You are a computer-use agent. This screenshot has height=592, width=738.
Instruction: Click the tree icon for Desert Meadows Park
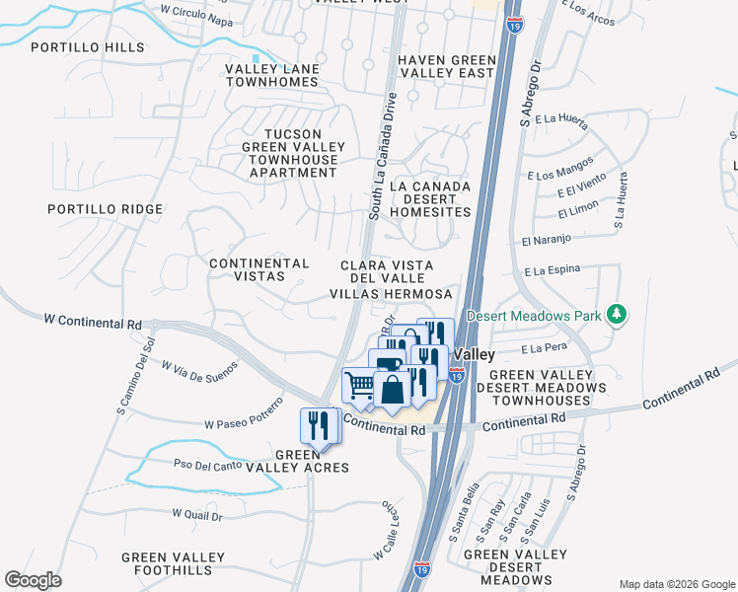pyautogui.click(x=618, y=315)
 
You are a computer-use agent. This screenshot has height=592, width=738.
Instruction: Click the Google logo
pyautogui.click(x=34, y=579)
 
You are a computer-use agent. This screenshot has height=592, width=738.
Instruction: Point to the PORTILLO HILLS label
pyautogui.click(x=87, y=47)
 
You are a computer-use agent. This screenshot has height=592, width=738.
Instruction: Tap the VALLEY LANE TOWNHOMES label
pyautogui.click(x=271, y=75)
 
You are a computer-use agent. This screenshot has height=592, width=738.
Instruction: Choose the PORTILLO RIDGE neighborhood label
pyautogui.click(x=104, y=209)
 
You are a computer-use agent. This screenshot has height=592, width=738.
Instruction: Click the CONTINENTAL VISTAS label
pyautogui.click(x=259, y=270)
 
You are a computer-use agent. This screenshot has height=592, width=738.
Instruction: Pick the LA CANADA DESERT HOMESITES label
pyautogui.click(x=430, y=198)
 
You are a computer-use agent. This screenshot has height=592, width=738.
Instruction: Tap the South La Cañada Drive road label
pyautogui.click(x=383, y=156)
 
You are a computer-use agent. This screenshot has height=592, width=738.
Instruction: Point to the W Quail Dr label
pyautogui.click(x=197, y=514)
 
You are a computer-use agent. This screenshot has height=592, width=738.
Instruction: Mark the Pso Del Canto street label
pyautogui.click(x=207, y=464)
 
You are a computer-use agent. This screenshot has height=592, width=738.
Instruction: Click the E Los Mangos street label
pyautogui.click(x=560, y=168)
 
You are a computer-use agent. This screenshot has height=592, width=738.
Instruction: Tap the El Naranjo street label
pyautogui.click(x=547, y=240)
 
